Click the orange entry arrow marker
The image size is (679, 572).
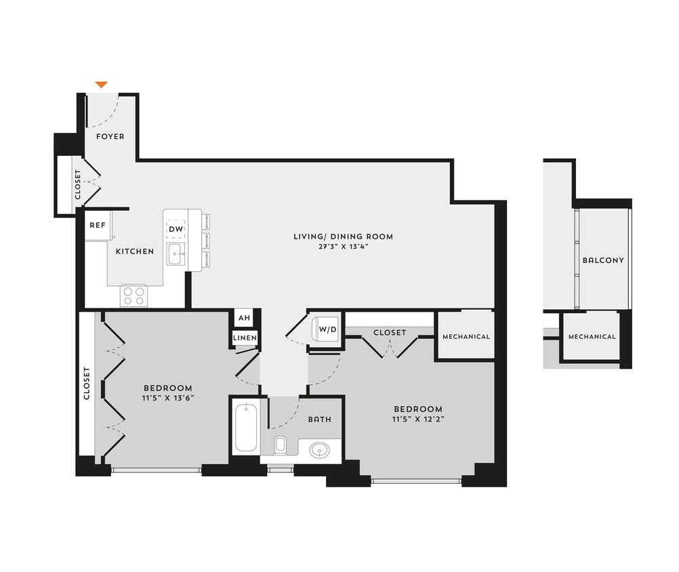(101, 85)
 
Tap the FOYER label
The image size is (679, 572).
(110, 136)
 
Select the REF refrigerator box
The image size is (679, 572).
(98, 225)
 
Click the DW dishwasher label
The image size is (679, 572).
(176, 229)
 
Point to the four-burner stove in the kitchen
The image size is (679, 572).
(133, 295)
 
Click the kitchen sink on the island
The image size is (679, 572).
(176, 256)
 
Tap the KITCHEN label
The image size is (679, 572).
(135, 251)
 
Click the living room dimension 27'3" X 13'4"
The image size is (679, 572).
(343, 247)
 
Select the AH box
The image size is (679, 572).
(243, 319)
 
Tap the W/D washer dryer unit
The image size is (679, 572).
(327, 330)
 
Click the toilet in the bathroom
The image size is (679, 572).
(281, 446)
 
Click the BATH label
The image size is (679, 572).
(320, 419)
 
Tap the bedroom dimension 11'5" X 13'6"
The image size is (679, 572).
(167, 398)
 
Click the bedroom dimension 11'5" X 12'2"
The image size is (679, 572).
(418, 419)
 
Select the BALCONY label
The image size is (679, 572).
(602, 260)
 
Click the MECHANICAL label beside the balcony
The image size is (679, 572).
(592, 336)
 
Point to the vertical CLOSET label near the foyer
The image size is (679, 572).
(78, 185)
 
